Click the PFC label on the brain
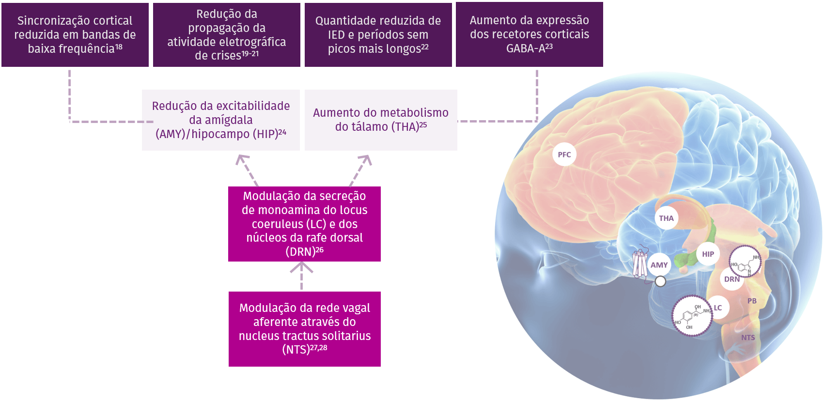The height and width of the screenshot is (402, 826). [564, 155]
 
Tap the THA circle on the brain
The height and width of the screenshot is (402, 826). [666, 218]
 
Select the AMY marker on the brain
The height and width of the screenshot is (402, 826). [659, 265]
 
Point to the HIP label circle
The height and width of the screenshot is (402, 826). [708, 254]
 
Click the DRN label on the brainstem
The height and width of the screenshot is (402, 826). [732, 279]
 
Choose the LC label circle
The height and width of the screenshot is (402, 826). [717, 308]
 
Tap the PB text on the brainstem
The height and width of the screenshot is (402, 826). [752, 301]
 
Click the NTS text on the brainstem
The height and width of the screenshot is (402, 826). [748, 338]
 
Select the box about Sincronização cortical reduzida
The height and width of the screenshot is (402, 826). [75, 35]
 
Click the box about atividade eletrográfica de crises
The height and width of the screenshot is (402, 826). [227, 35]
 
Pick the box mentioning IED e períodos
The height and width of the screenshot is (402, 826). [378, 35]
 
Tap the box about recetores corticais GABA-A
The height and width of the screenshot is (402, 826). [530, 34]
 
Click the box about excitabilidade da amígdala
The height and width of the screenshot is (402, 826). [221, 120]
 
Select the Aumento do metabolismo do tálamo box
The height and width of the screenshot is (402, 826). [381, 120]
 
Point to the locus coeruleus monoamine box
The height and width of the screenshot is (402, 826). [304, 224]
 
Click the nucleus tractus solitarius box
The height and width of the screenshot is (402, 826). [305, 329]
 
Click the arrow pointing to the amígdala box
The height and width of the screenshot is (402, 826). [247, 170]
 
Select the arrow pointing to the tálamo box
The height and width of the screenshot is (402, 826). [361, 170]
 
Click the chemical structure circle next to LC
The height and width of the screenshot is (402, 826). [692, 316]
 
